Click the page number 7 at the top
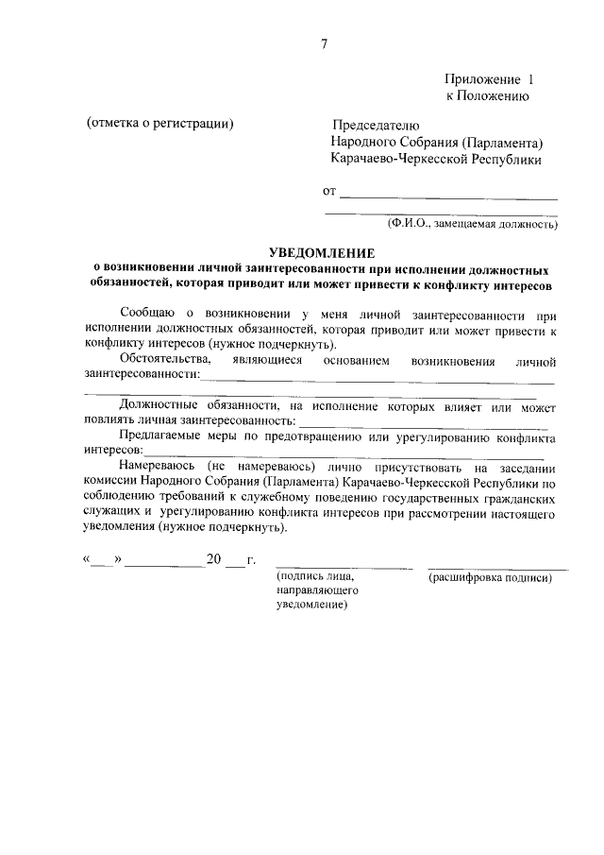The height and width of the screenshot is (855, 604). click(x=324, y=43)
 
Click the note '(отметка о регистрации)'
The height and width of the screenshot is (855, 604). click(x=159, y=125)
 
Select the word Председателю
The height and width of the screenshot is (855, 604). click(x=375, y=126)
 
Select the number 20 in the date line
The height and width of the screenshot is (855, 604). click(x=213, y=559)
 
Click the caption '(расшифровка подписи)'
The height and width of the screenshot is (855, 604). click(x=490, y=577)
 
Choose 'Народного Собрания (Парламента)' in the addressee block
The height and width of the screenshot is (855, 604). click(x=437, y=143)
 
